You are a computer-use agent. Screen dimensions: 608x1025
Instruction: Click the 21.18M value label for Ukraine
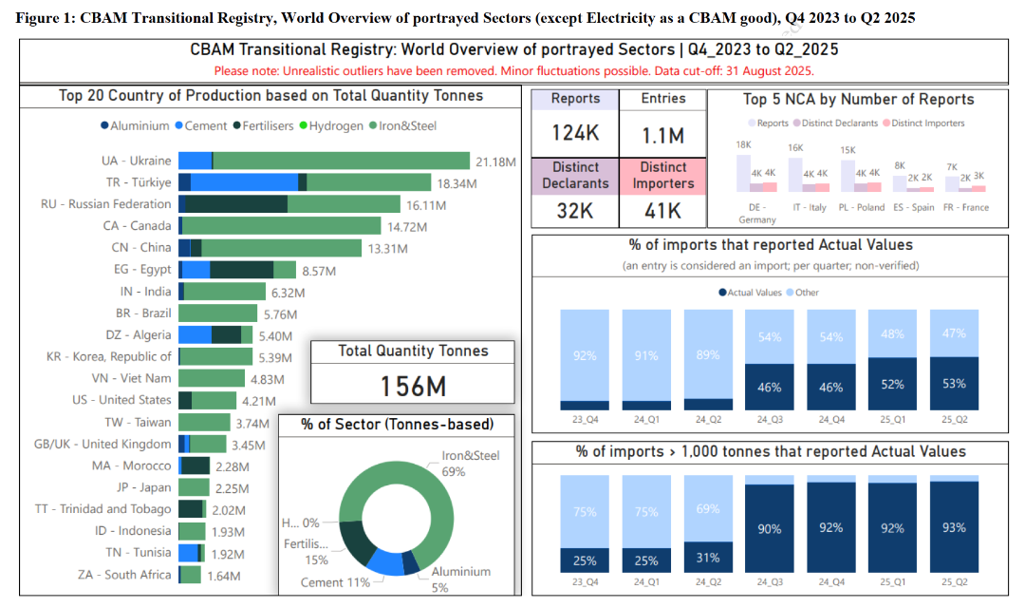coord(495,161)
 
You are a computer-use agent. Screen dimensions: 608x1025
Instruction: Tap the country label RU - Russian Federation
coord(106,204)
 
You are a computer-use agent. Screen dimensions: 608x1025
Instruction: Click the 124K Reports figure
coord(575,133)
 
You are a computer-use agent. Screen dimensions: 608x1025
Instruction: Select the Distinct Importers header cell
coord(663,176)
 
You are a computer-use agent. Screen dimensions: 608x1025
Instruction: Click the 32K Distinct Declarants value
coord(575,210)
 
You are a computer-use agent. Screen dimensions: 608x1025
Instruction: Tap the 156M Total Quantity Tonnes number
coord(413,386)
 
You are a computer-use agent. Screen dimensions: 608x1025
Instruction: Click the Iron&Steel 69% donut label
coord(471,464)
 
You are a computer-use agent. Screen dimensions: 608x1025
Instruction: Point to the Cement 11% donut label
coord(335,581)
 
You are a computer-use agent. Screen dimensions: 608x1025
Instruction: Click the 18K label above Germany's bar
coord(744,145)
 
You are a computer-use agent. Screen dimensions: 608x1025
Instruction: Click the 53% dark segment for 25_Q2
coord(954,384)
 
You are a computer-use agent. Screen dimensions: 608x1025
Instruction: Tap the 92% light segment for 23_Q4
coord(585,355)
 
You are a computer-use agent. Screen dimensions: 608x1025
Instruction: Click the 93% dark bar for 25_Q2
coord(954,527)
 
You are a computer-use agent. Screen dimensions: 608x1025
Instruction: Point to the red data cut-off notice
coord(513,70)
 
